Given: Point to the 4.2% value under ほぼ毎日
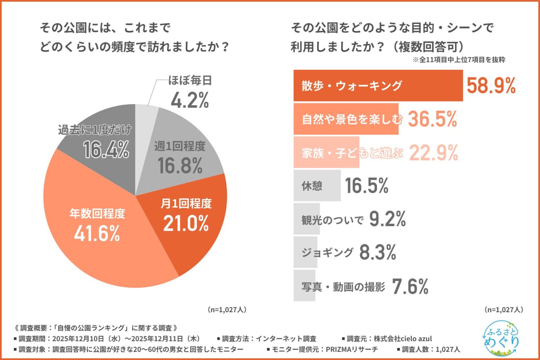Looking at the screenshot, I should click(x=190, y=100).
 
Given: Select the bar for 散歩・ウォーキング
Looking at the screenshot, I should click(x=378, y=86).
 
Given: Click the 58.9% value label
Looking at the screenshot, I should click(x=491, y=86).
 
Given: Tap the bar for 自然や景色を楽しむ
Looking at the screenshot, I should click(x=346, y=119).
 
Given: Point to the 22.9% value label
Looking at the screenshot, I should click(x=433, y=153).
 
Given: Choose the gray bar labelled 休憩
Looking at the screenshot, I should click(x=317, y=186).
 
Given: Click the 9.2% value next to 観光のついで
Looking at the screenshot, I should click(x=387, y=219).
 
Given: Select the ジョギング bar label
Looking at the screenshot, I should click(x=327, y=252).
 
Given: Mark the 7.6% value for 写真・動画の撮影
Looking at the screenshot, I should click(x=410, y=287).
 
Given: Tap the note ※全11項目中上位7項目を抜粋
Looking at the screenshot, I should click(x=459, y=60).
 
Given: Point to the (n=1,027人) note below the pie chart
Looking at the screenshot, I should click(x=227, y=310).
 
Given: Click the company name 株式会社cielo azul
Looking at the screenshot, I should click(x=402, y=339).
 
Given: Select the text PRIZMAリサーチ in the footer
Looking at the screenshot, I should click(x=352, y=349).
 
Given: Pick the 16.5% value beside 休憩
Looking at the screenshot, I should click(x=366, y=186).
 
